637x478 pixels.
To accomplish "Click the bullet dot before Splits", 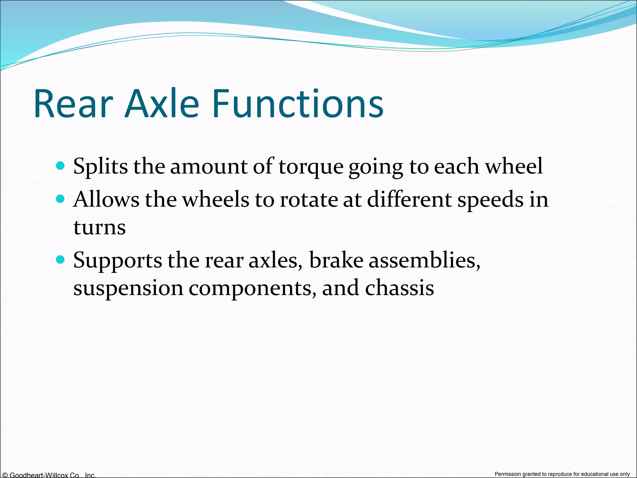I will click(x=60, y=165).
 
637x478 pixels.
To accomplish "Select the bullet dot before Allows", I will click(x=60, y=199).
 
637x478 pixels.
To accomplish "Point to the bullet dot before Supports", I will click(x=60, y=259).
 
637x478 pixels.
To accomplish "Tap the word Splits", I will click(x=100, y=166).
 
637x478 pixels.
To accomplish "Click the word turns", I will click(x=100, y=227).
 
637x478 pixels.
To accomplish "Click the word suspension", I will click(x=128, y=289).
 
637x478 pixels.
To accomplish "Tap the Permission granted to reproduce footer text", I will click(x=562, y=474).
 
